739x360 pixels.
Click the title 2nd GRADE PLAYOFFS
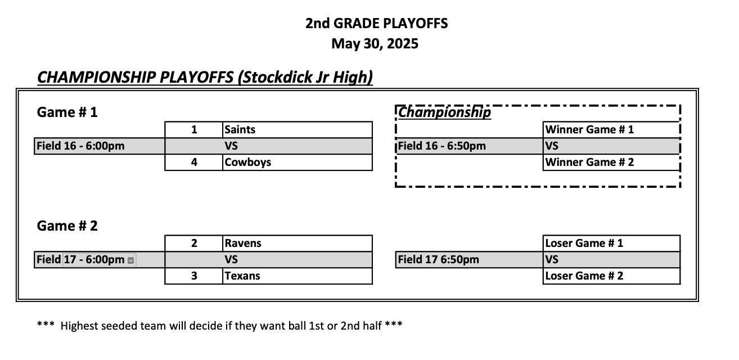tap(376, 24)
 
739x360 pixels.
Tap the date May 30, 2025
tap(375, 43)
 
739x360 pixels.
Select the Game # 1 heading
tap(67, 112)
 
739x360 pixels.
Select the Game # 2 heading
tap(67, 226)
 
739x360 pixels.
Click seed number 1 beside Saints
tap(194, 129)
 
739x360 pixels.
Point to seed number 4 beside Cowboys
tap(194, 163)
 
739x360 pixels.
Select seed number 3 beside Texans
tap(194, 276)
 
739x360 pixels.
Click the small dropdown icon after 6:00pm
tap(130, 260)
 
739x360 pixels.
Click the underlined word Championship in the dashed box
tap(444, 112)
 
